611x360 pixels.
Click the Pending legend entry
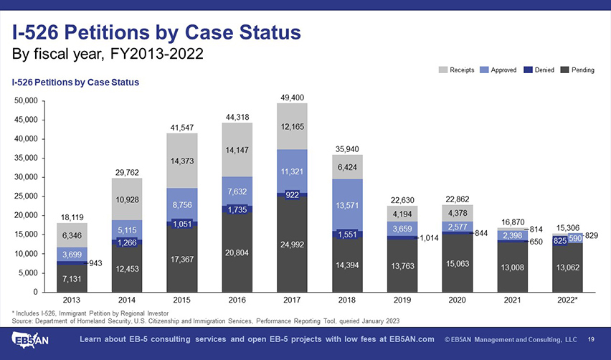(x=578, y=70)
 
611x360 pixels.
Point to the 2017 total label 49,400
(x=292, y=98)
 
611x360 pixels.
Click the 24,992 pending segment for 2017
(x=292, y=244)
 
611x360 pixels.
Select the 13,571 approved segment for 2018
(x=347, y=204)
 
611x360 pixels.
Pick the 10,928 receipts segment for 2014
(x=127, y=199)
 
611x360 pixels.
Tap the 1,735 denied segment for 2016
(x=237, y=209)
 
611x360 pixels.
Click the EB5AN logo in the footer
(x=32, y=338)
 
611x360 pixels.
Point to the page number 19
(x=592, y=339)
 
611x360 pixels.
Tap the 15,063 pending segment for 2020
(x=458, y=264)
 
